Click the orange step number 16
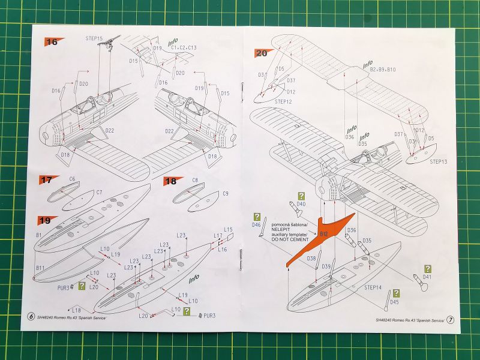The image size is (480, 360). coord(52,42)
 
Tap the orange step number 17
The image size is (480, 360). coord(46,179)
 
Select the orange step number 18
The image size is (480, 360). coord(170,181)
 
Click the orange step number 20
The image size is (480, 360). coord(261,53)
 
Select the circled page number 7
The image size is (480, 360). coord(451,320)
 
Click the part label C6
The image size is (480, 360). coord(72,179)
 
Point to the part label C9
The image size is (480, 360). coord(226,194)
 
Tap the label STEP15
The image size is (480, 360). coord(94,38)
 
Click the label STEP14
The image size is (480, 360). coord(373,287)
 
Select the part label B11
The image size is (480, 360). coord(40,267)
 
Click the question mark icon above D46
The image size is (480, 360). coord(257,217)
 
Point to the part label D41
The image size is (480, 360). coord(427,278)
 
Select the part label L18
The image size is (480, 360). coord(77,310)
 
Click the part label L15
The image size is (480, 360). coord(228,230)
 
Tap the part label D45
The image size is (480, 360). coord(394,302)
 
